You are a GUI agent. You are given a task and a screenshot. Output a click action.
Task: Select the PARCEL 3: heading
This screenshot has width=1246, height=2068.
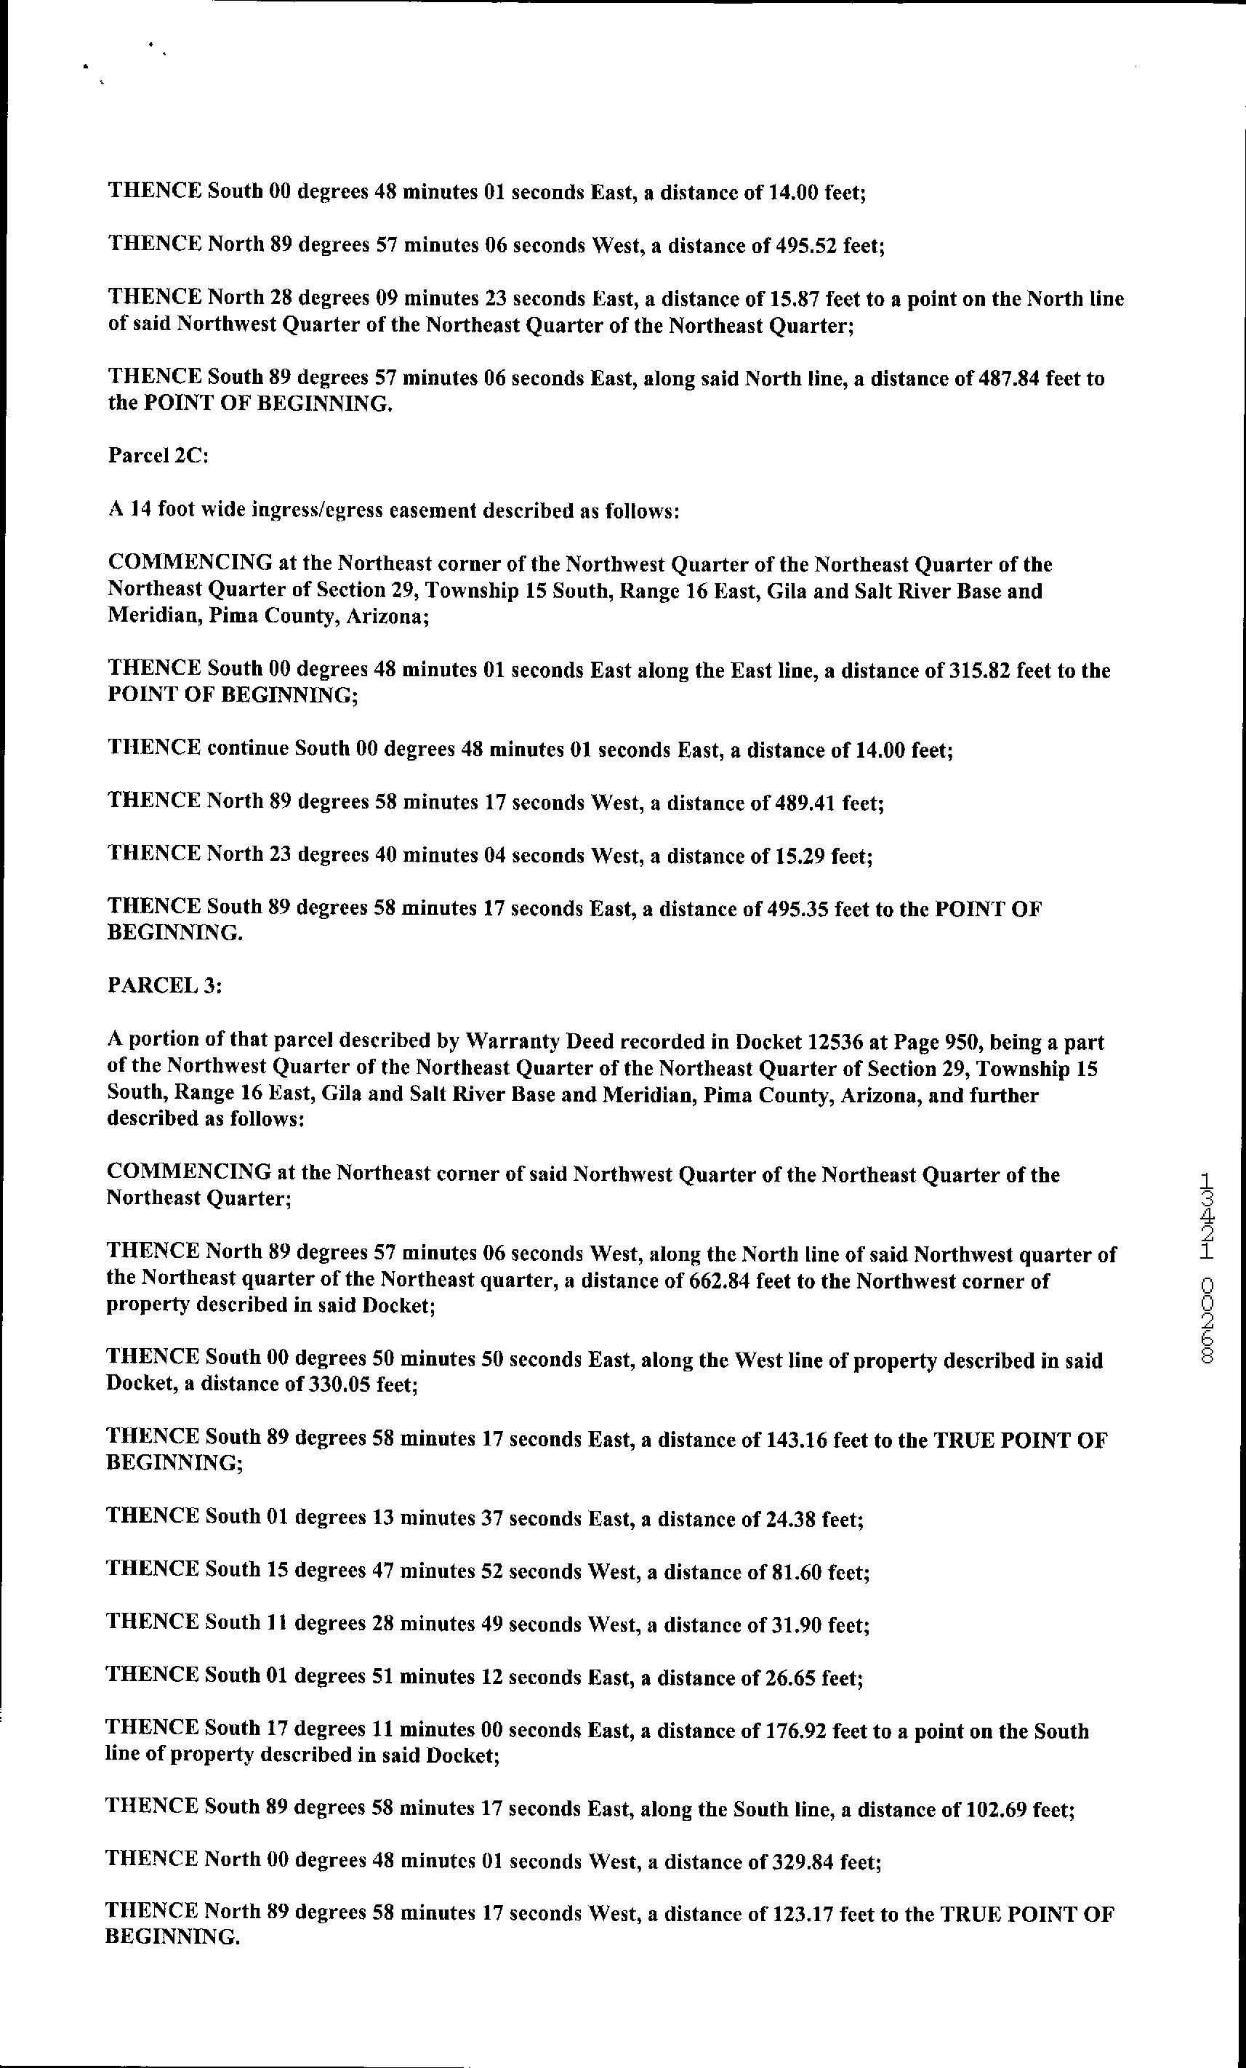[164, 985]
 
